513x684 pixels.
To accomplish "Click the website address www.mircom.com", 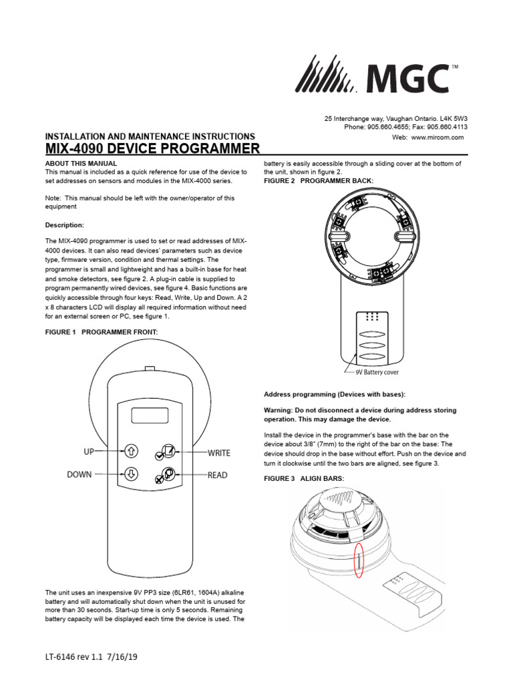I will pos(437,137).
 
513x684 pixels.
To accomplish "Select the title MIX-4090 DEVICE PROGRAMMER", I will pos(152,148).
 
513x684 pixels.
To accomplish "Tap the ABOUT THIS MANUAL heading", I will pos(81,163).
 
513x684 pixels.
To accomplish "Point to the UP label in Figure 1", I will pos(89,452).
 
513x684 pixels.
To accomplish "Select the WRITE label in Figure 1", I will pos(218,453).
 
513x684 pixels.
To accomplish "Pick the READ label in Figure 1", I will pos(217,476).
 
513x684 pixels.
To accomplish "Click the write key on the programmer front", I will pos(167,451).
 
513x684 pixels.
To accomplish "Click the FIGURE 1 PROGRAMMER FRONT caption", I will pos(100,332).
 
